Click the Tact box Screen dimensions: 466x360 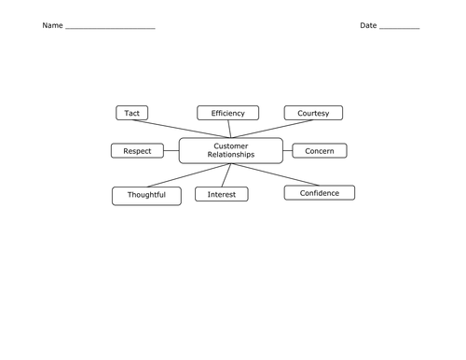[x=132, y=113]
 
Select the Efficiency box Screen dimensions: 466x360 [x=228, y=113]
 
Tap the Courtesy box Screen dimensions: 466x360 [x=313, y=113]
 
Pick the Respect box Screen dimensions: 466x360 [x=137, y=151]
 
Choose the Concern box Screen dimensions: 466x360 [x=320, y=151]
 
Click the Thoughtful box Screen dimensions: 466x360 [x=146, y=196]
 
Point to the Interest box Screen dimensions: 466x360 [x=222, y=194]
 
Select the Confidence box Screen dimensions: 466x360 [x=320, y=193]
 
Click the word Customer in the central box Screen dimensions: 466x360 [x=231, y=146]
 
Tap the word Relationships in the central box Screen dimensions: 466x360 [x=231, y=155]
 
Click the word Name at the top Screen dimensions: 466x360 [x=52, y=25]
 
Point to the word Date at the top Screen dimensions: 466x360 [x=368, y=25]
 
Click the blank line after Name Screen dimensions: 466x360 [x=110, y=29]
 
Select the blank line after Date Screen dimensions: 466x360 [x=400, y=29]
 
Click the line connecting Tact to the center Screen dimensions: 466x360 [x=182, y=129]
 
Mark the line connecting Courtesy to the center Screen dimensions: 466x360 [x=272, y=129]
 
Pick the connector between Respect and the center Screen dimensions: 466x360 [x=171, y=151]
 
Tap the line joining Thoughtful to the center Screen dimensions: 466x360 [x=189, y=175]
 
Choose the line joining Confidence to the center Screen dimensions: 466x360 [x=275, y=174]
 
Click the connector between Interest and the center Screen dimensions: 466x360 [x=226, y=175]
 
